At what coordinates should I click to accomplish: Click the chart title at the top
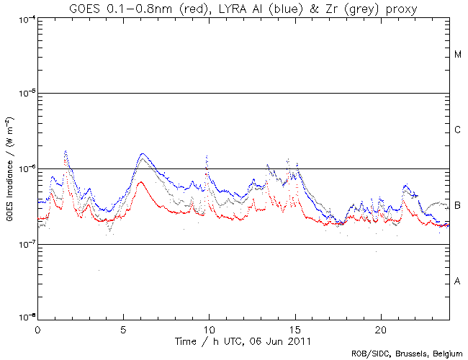(x=235, y=8)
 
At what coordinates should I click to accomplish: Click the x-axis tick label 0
(x=37, y=328)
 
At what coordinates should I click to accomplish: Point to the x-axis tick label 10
(x=209, y=328)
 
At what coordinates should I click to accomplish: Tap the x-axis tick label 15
(x=294, y=328)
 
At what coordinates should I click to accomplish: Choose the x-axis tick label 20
(x=381, y=328)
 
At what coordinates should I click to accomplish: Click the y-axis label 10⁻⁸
(x=23, y=317)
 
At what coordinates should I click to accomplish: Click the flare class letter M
(x=458, y=55)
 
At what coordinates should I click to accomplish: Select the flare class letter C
(x=458, y=130)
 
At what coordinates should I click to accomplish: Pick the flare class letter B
(x=458, y=206)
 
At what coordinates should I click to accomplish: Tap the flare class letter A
(x=458, y=281)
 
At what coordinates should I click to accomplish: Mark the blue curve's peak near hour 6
(x=143, y=154)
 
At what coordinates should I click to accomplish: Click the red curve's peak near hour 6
(x=140, y=182)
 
